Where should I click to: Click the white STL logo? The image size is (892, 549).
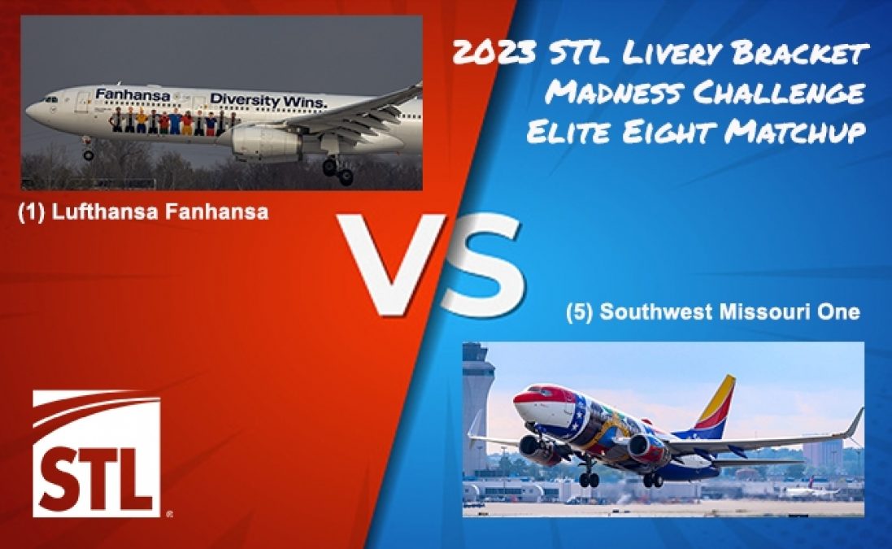[96, 453]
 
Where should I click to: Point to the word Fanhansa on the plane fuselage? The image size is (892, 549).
[133, 95]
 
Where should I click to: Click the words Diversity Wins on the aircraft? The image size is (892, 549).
[268, 99]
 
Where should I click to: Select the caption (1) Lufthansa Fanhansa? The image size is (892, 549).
[143, 214]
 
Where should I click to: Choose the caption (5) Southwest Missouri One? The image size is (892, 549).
[712, 312]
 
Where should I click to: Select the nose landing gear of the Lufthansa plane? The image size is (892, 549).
[87, 152]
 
